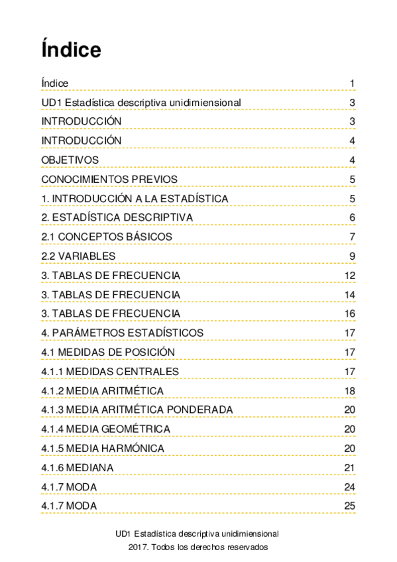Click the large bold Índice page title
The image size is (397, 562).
[x=71, y=50]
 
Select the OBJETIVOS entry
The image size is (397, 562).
[x=70, y=160]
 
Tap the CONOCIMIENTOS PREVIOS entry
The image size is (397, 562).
[x=109, y=180]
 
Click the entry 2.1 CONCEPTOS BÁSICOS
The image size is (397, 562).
[x=107, y=237]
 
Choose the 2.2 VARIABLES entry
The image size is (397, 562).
[x=78, y=256]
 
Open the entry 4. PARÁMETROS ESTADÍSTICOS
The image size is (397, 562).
[x=122, y=333]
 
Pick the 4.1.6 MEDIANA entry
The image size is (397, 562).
[x=77, y=468]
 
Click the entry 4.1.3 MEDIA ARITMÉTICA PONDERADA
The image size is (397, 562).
[x=137, y=410]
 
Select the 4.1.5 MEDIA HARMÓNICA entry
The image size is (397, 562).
[x=103, y=449]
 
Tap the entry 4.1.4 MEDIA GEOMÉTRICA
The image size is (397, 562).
[x=105, y=429]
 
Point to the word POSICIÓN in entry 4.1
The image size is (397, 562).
[x=150, y=352]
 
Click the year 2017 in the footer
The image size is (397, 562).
[x=139, y=547]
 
